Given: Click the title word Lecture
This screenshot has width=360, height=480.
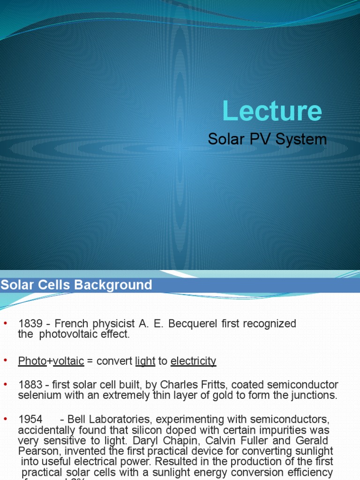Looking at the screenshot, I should [x=272, y=112].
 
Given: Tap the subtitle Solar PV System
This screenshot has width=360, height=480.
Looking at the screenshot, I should [x=267, y=139].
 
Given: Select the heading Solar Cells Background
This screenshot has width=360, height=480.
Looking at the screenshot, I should [x=76, y=285].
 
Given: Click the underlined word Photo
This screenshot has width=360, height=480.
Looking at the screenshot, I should [x=32, y=361].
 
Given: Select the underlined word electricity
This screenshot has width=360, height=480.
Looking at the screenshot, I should [x=193, y=361].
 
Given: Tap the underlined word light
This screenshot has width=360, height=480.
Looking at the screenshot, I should [x=145, y=361].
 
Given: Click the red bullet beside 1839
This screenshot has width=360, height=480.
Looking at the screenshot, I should [x=6, y=323].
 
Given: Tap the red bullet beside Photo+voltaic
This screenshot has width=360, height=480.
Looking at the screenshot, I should [x=6, y=360].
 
